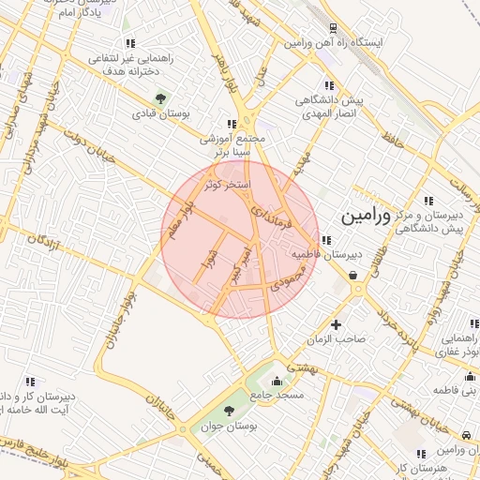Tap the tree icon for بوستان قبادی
point(160,97)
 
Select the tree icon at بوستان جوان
point(230,412)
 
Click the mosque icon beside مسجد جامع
point(276,382)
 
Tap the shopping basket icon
point(352,275)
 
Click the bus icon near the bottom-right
point(466,435)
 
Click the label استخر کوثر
point(228,185)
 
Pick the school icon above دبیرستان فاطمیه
point(324,240)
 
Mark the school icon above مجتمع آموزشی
point(231,124)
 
